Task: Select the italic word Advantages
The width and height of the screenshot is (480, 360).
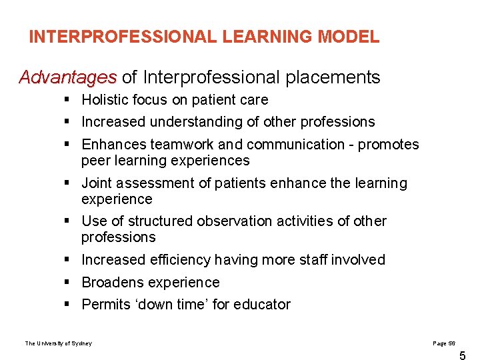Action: click(67, 77)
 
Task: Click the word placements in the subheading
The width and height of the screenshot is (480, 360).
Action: click(333, 77)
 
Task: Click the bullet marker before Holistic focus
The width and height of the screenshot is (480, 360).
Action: click(69, 100)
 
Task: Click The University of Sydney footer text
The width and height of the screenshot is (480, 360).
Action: click(59, 343)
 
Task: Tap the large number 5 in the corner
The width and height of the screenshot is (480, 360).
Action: click(463, 355)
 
